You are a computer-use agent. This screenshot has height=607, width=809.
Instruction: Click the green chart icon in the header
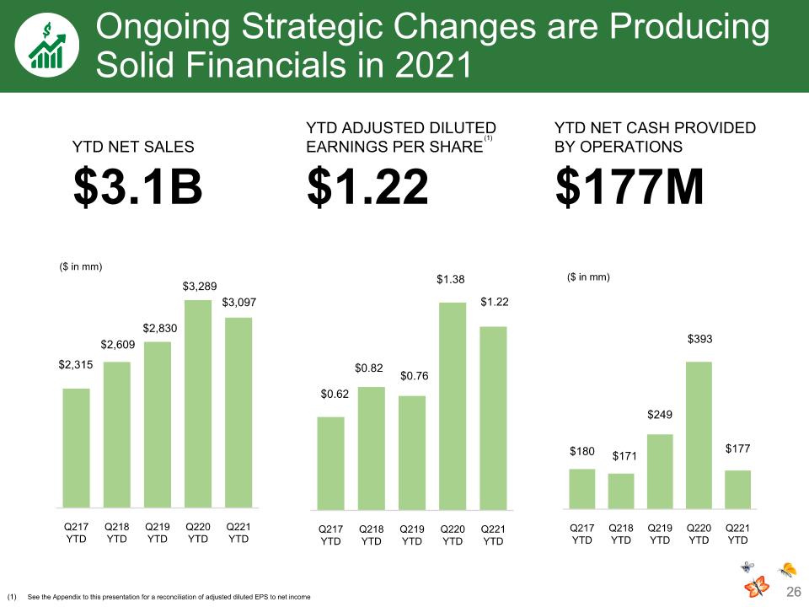point(47,46)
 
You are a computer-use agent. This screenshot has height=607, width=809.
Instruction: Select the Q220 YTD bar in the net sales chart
point(198,404)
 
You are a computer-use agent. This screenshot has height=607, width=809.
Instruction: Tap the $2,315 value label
point(76,365)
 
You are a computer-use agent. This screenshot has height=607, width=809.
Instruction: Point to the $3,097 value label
point(238,303)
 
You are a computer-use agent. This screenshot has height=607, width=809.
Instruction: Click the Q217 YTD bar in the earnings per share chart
point(330,464)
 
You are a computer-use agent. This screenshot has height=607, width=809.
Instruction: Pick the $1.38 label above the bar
point(450,279)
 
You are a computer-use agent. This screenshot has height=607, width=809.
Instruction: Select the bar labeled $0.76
point(412,453)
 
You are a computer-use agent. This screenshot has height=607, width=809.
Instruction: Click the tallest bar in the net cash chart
point(699,435)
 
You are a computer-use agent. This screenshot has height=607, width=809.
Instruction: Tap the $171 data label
point(624,456)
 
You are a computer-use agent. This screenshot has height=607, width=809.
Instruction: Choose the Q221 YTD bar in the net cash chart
point(738,489)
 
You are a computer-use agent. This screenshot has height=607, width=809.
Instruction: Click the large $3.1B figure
point(137,187)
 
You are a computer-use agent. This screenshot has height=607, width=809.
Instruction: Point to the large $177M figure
point(630,187)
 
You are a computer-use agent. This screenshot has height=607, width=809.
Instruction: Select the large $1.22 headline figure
point(368,187)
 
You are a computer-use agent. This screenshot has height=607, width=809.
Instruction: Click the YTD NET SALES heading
point(133,147)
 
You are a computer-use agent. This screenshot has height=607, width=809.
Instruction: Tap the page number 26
point(794,592)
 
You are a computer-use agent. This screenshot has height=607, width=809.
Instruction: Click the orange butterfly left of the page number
point(756,587)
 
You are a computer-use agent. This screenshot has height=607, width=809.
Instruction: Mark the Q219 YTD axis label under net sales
point(158,533)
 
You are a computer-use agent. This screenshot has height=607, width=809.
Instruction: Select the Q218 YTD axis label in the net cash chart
point(621,534)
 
